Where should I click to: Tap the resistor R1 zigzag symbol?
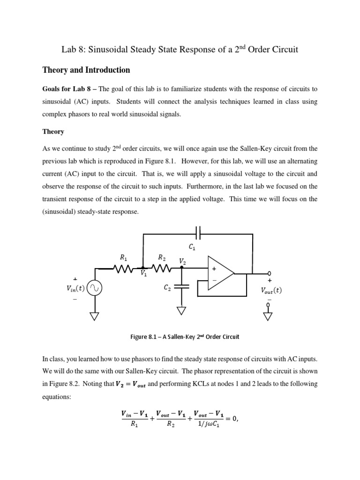click(123, 269)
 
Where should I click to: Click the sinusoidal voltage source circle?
click(96, 288)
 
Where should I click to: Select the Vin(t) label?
click(75, 289)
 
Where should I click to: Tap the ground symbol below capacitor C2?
click(181, 311)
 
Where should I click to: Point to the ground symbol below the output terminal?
click(269, 316)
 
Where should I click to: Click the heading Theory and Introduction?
click(86, 70)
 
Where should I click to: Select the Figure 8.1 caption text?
click(180, 337)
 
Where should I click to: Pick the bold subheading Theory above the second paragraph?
click(53, 132)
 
